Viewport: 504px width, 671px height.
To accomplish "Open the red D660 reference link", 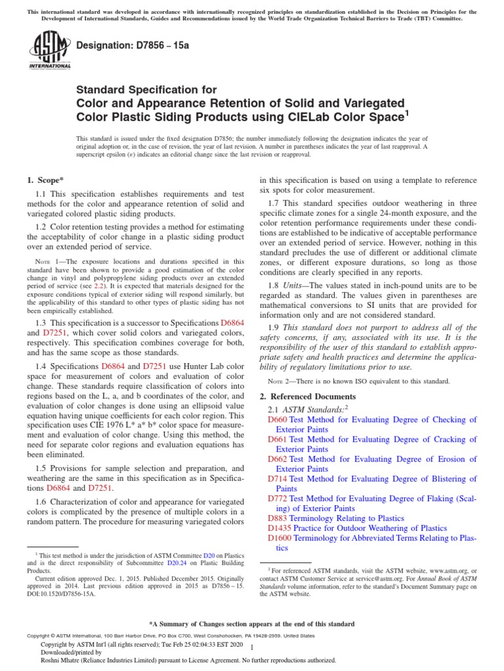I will point(278,420).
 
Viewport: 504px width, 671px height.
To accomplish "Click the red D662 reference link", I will point(278,459).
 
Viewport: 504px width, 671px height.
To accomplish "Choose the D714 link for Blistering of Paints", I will point(278,479).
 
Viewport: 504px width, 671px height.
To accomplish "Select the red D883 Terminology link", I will point(278,518).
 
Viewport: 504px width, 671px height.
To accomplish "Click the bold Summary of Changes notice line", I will point(252,624).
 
